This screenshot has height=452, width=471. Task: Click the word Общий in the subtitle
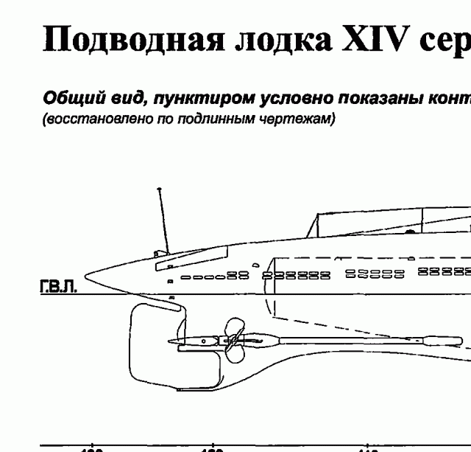(67, 98)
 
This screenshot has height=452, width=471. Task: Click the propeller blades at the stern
(234, 342)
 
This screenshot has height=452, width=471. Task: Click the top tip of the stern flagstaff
(158, 190)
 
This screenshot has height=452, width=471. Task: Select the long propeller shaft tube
(346, 340)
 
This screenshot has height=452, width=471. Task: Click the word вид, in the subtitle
(110, 98)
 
